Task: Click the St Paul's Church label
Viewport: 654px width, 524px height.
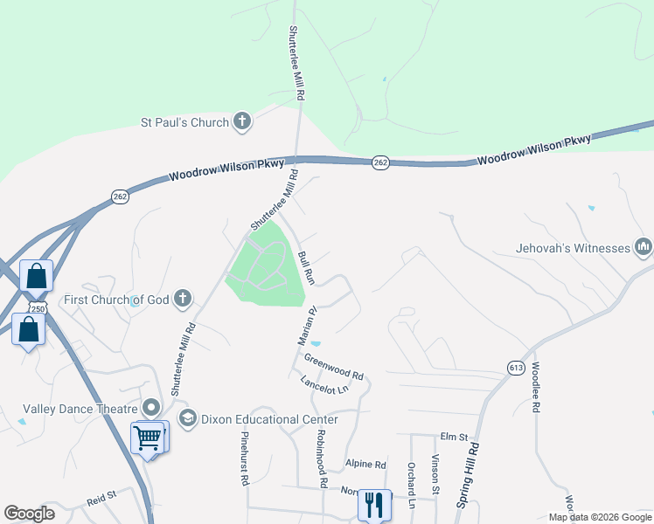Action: pyautogui.click(x=184, y=122)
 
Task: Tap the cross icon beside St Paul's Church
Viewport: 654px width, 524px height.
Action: pyautogui.click(x=242, y=122)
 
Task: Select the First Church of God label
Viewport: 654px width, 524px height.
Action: pyautogui.click(x=116, y=300)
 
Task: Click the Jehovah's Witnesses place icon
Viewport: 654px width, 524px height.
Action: pyautogui.click(x=644, y=248)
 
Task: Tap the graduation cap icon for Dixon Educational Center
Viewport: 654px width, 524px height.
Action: pyautogui.click(x=187, y=419)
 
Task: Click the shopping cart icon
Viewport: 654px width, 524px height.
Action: pyautogui.click(x=147, y=437)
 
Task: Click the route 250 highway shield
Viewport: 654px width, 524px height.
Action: pyautogui.click(x=37, y=308)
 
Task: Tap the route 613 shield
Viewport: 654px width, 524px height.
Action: pyautogui.click(x=516, y=369)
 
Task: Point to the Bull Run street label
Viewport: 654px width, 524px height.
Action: pyautogui.click(x=306, y=267)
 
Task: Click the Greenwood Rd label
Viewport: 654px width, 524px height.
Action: pyautogui.click(x=333, y=364)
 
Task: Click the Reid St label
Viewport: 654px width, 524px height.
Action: pyautogui.click(x=101, y=499)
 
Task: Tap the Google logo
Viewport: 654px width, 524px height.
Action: pyautogui.click(x=29, y=514)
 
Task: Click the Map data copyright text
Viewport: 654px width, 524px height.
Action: pyautogui.click(x=599, y=517)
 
